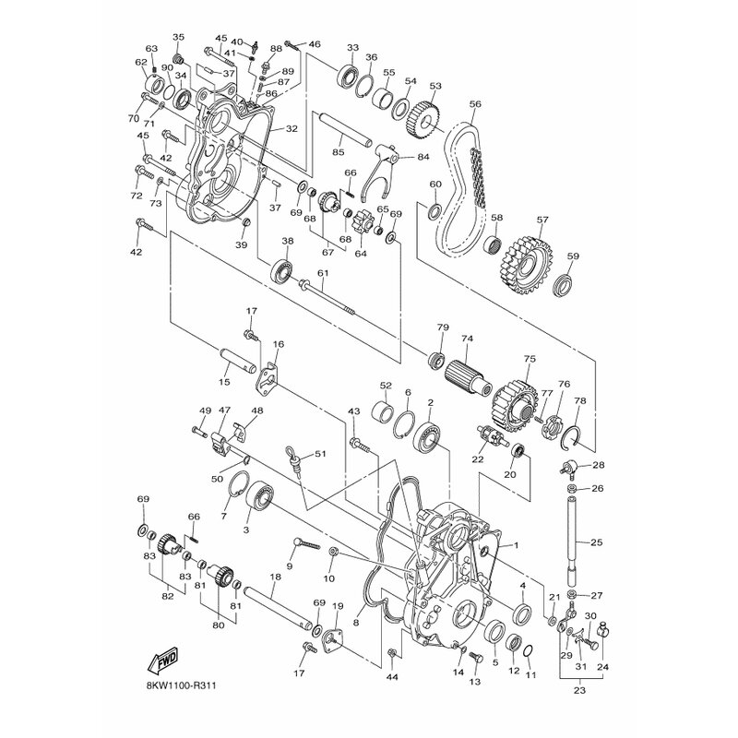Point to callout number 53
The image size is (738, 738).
[435, 86]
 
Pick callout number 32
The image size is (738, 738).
[292, 129]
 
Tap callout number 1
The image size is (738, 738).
[517, 545]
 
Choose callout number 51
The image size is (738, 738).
[321, 454]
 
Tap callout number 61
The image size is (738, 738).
[323, 273]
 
